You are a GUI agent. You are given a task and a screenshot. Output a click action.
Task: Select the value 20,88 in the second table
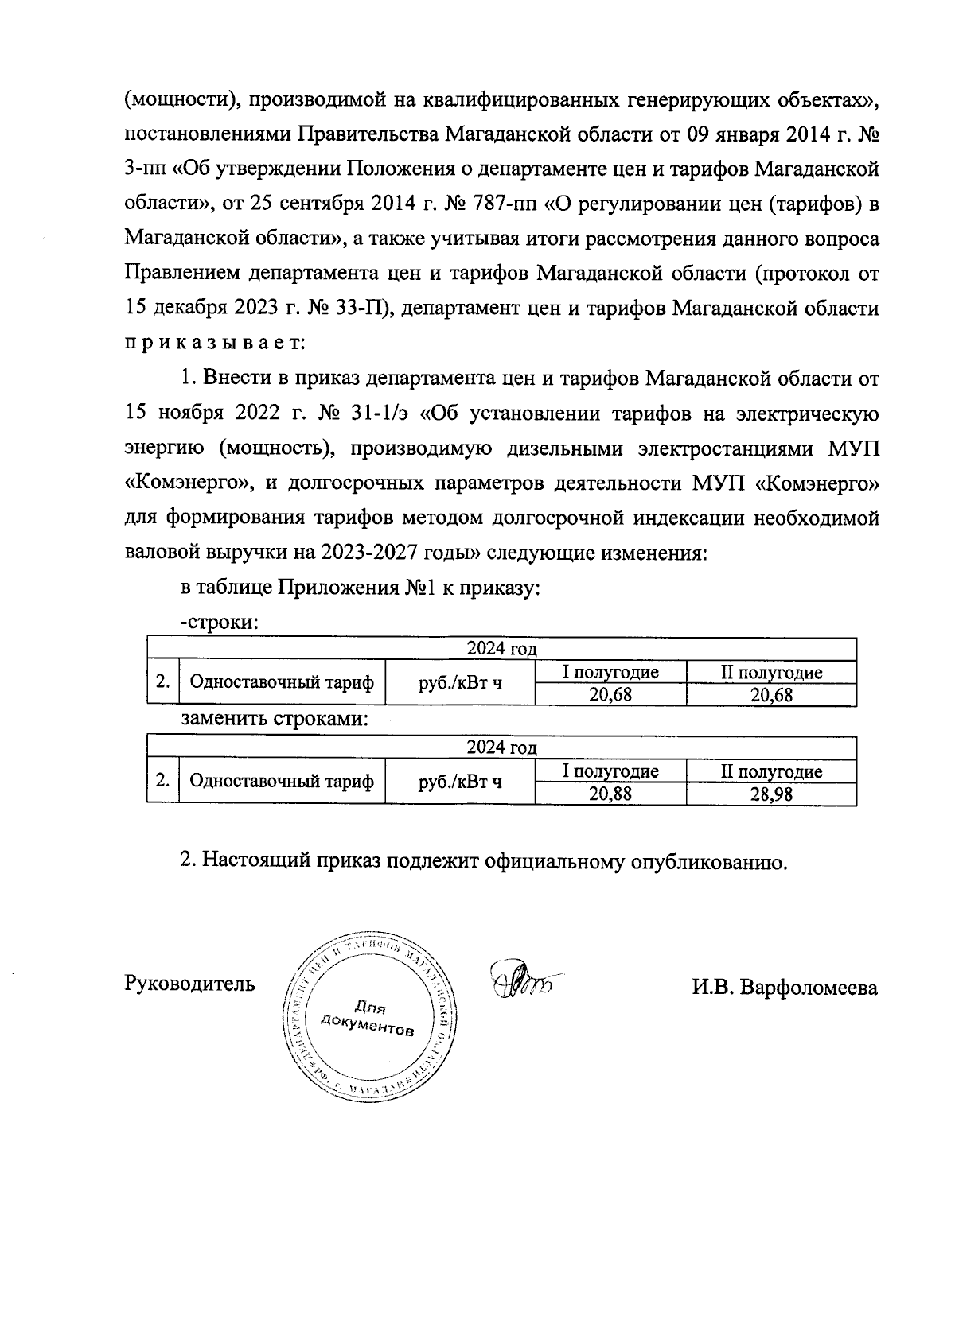click(x=610, y=794)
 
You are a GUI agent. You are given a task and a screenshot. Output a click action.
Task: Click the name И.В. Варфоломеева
click(x=785, y=988)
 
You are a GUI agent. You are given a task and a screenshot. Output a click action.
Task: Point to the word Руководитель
click(x=190, y=984)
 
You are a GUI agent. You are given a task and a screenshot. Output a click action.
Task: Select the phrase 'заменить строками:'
click(x=276, y=720)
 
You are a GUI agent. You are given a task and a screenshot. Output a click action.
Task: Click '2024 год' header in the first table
click(x=501, y=649)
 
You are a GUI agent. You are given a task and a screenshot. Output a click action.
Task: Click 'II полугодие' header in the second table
click(x=770, y=771)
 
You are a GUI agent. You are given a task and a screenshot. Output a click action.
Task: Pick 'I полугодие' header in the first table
click(x=610, y=672)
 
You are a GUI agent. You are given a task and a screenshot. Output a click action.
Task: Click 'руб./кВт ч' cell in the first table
click(x=459, y=682)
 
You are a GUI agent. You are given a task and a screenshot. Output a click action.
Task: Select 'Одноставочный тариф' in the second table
click(x=281, y=781)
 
